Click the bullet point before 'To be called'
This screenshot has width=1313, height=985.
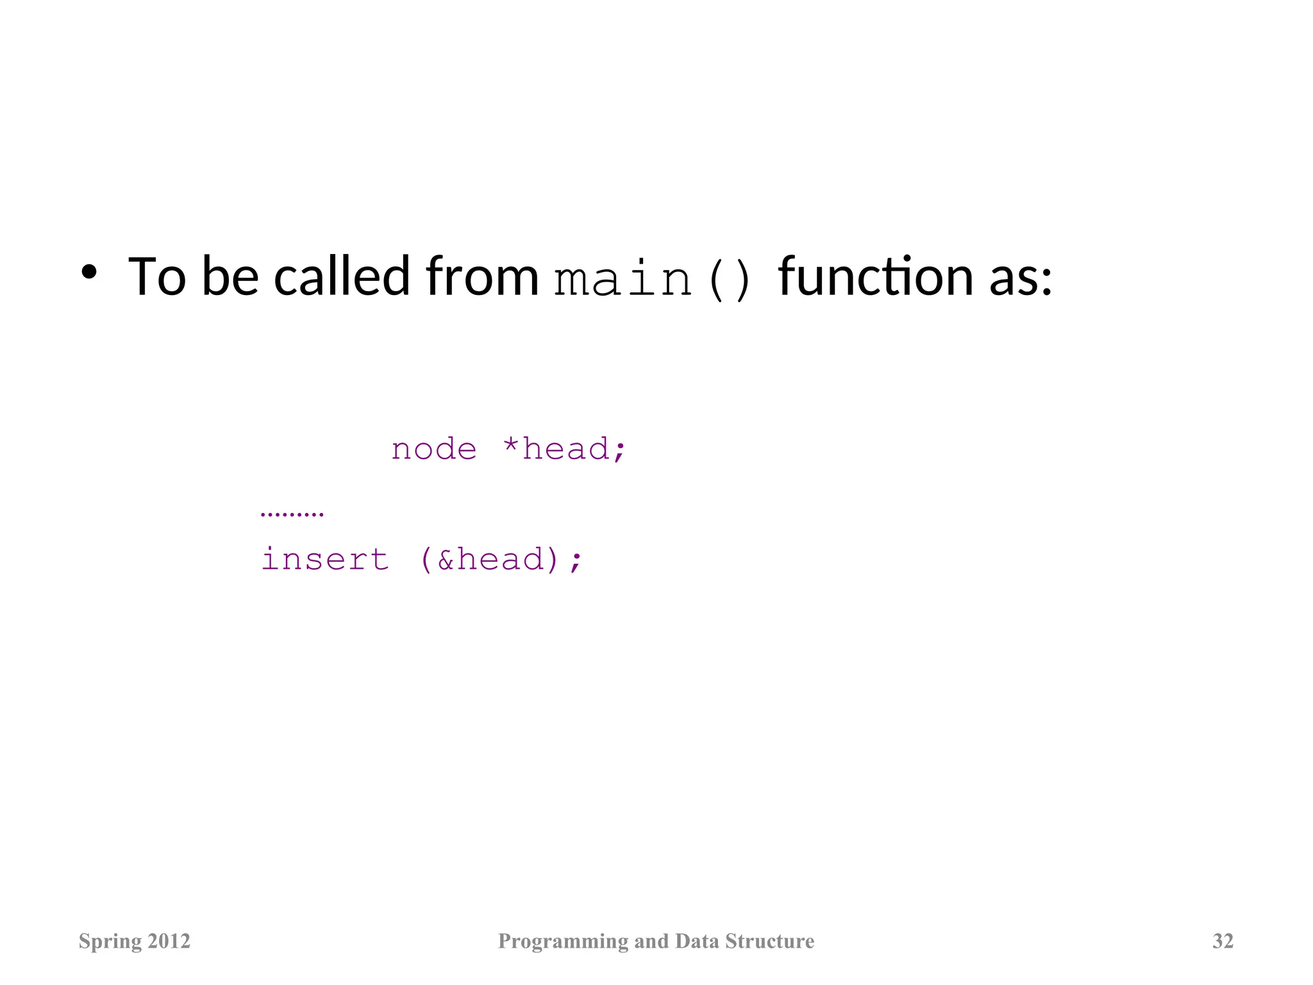89,273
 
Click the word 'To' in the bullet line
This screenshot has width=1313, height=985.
157,277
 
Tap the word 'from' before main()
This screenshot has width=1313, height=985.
482,277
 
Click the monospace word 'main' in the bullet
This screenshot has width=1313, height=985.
623,280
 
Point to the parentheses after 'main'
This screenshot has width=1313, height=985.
729,281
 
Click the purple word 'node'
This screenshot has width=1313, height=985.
434,449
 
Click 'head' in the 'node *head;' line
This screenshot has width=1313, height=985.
565,448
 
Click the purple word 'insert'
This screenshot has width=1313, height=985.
325,559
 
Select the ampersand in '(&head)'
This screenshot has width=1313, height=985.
446,560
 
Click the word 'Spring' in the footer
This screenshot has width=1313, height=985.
110,942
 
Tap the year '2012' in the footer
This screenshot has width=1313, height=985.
169,941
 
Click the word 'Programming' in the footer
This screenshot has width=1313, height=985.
563,942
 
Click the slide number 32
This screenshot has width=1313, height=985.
1223,941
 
